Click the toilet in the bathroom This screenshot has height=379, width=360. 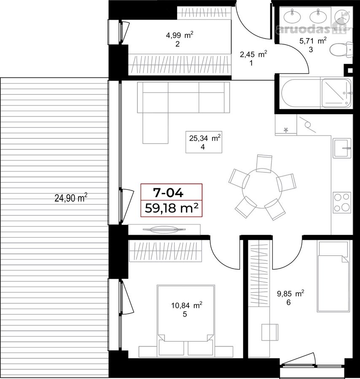click(x=341, y=49)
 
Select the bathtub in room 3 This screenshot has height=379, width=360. click(x=301, y=93)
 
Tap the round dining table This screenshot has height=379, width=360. click(x=262, y=189)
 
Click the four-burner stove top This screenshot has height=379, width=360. click(x=342, y=203)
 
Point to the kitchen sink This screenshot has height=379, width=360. click(x=342, y=148)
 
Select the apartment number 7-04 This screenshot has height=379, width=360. click(x=168, y=192)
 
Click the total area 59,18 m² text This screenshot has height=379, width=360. click(x=172, y=208)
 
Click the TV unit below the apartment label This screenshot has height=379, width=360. click(x=164, y=230)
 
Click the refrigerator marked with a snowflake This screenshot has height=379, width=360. click(x=286, y=125)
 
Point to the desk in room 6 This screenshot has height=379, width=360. click(x=270, y=333)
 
